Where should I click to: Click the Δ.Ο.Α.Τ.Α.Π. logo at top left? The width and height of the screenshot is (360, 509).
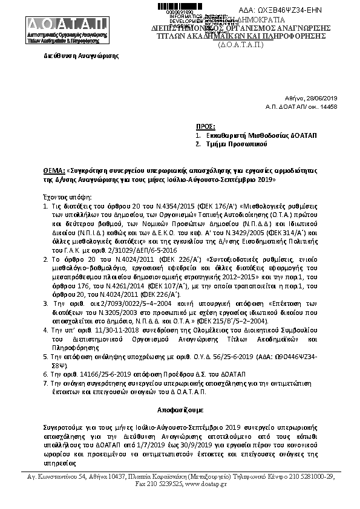click(x=67, y=28)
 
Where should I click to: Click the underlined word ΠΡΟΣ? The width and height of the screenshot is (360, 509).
click(x=206, y=126)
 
